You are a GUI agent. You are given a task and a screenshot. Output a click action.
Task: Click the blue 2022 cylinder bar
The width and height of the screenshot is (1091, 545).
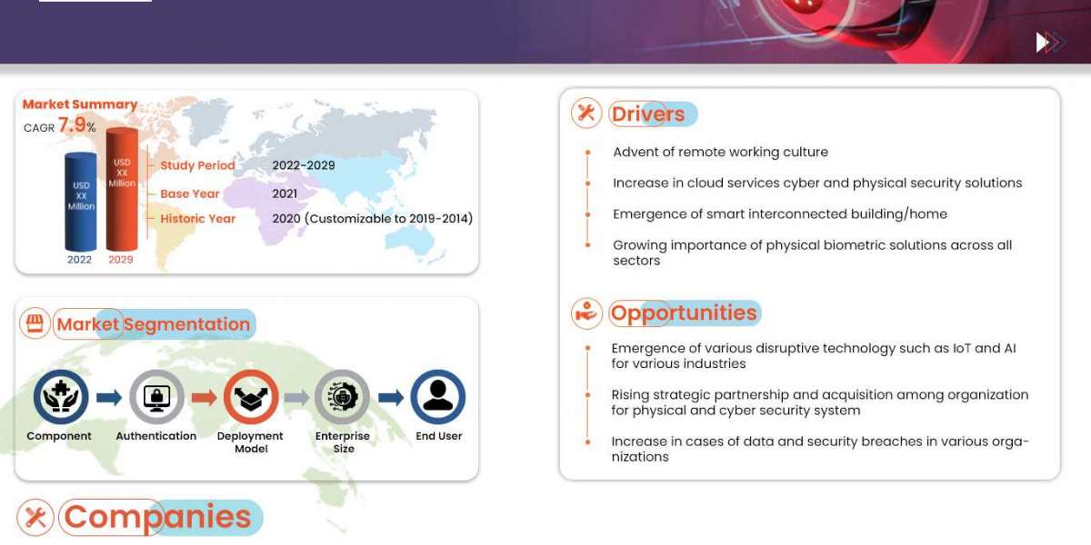click(x=80, y=202)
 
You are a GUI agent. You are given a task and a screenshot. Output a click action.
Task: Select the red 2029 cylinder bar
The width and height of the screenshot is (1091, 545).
click(x=121, y=190)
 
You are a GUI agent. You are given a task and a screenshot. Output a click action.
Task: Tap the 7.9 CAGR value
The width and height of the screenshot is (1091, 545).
click(x=72, y=126)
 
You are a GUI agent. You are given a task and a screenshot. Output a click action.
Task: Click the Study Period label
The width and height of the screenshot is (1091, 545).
click(x=197, y=165)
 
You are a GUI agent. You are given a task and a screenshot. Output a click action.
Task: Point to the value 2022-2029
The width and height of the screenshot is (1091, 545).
click(x=304, y=165)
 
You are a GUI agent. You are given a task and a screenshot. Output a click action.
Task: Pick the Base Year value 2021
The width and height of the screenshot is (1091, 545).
click(x=285, y=193)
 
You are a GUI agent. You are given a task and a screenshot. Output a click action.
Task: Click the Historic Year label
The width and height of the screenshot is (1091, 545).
click(x=197, y=219)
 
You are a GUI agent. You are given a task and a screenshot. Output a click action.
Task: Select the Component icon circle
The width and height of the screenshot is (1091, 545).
click(x=60, y=397)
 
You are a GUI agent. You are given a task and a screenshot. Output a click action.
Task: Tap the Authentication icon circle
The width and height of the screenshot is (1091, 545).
click(x=156, y=397)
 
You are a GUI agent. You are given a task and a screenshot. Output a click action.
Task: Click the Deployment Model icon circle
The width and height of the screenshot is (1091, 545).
click(x=251, y=397)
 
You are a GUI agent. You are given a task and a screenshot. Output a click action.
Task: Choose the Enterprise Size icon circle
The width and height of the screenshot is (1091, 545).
click(x=343, y=397)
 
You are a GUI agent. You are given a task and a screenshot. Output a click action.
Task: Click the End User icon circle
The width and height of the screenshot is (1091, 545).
click(x=438, y=397)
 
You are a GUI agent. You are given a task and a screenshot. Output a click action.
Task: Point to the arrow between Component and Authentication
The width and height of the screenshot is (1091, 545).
click(x=108, y=397)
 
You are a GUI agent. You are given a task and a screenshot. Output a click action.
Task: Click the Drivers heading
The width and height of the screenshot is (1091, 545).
click(x=648, y=114)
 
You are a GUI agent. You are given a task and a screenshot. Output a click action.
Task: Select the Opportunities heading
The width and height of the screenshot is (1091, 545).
click(x=684, y=313)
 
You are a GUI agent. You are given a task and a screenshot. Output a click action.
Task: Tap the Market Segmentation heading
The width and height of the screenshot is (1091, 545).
click(x=153, y=324)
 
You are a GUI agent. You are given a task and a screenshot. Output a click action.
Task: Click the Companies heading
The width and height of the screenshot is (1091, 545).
click(x=157, y=517)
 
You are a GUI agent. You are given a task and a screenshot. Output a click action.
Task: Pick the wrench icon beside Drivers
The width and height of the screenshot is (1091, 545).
click(x=586, y=113)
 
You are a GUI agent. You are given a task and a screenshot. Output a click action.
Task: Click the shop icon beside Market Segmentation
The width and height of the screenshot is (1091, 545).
click(x=35, y=324)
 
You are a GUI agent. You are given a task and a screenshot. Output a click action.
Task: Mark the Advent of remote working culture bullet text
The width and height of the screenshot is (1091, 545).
click(x=720, y=153)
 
